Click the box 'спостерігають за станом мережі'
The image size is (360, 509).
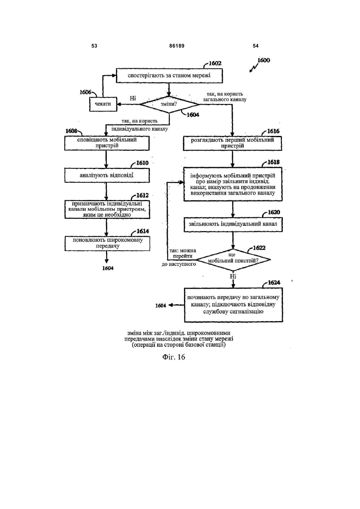pyautogui.click(x=169, y=76)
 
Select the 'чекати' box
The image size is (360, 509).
pyautogui.click(x=103, y=104)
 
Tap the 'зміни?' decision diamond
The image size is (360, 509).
pyautogui.click(x=169, y=104)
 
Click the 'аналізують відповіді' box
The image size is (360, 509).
pyautogui.click(x=107, y=175)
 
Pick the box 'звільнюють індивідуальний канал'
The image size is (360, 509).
pyautogui.click(x=233, y=224)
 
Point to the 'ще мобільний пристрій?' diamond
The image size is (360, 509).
pyautogui.click(x=234, y=260)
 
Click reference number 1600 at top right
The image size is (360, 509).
pyautogui.click(x=264, y=60)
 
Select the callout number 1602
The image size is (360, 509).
pyautogui.click(x=215, y=63)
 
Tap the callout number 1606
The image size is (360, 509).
pyautogui.click(x=85, y=92)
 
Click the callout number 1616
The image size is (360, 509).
pyautogui.click(x=273, y=131)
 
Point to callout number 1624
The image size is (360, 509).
pyautogui.click(x=274, y=282)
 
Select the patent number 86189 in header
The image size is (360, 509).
pyautogui.click(x=177, y=46)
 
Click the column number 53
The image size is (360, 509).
pyautogui.click(x=94, y=46)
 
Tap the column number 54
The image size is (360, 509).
pyautogui.click(x=256, y=46)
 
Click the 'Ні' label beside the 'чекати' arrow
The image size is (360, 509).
pyautogui.click(x=133, y=98)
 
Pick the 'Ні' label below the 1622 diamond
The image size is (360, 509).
pyautogui.click(x=233, y=276)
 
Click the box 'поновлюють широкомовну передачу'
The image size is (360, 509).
pyautogui.click(x=107, y=244)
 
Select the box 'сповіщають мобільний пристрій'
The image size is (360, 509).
pyautogui.click(x=107, y=143)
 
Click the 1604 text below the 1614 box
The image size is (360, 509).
pyautogui.click(x=108, y=268)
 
